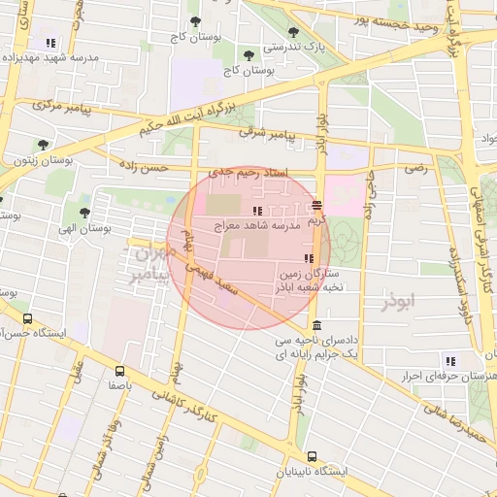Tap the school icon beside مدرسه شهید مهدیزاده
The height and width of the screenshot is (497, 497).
tap(50, 44)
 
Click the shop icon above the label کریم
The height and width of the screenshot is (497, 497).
tap(317, 205)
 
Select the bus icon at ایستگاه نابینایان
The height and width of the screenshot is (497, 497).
tap(312, 456)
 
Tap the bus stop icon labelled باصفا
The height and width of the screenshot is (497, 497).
tap(120, 370)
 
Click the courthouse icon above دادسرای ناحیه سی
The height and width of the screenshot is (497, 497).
tap(318, 327)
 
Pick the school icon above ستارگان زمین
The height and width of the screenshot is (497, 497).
tap(309, 258)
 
